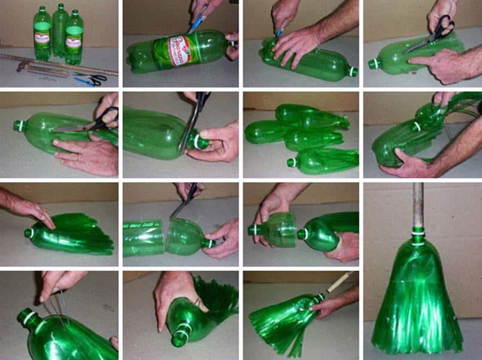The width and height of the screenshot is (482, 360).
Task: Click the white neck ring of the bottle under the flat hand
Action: click(x=353, y=71)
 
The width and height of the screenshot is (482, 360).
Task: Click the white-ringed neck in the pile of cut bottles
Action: click(x=293, y=162)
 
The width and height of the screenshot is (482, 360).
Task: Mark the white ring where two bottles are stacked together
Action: click(x=417, y=126)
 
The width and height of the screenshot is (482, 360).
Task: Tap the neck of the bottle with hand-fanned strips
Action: click(x=28, y=232)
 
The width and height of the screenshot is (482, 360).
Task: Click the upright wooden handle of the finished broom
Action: click(x=417, y=204)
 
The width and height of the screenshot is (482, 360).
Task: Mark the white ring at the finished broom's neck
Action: click(x=417, y=231)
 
